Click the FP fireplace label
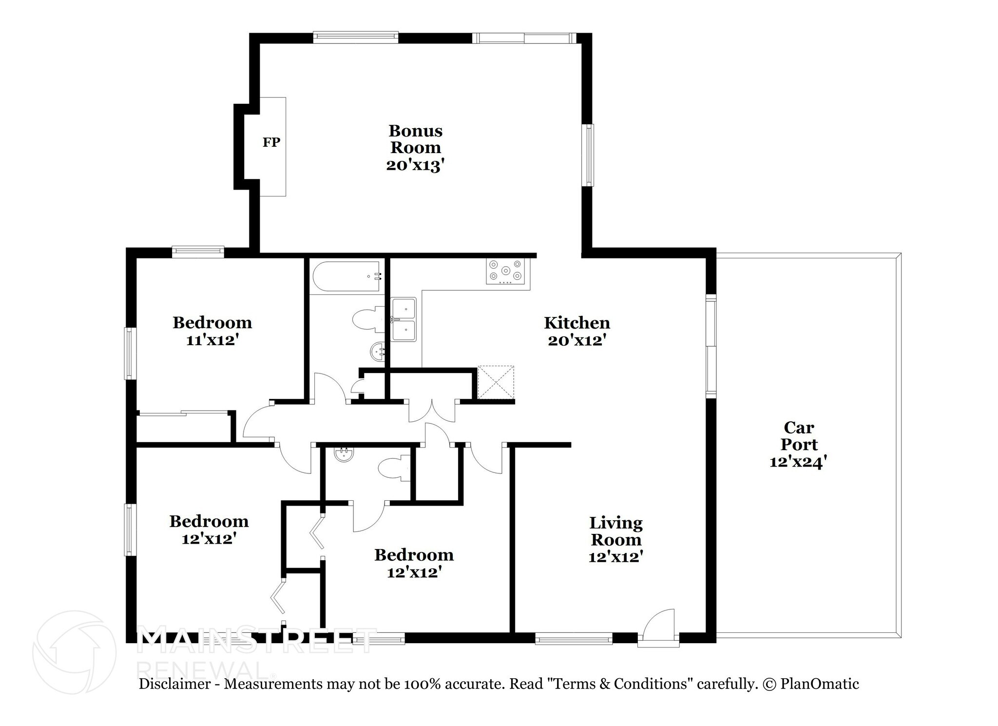(x=271, y=142)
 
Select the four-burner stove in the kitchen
(x=507, y=271)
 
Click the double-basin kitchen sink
(x=404, y=319)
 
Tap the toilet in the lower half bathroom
(x=395, y=469)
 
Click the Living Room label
(x=616, y=531)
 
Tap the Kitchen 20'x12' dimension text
(x=576, y=340)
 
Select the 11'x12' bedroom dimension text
(x=211, y=340)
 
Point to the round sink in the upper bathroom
(x=378, y=351)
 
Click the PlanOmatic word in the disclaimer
(x=820, y=684)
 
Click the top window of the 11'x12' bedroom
(x=198, y=252)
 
